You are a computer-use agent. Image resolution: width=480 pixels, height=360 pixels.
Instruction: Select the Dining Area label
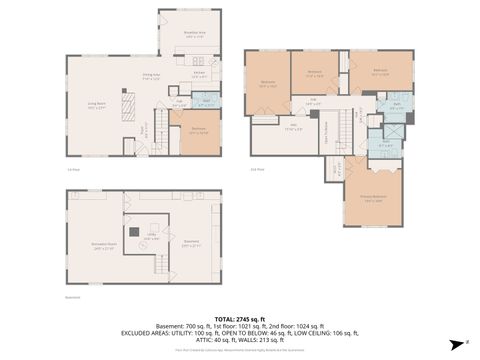[151, 76]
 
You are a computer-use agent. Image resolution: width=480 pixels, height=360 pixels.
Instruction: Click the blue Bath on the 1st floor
[207, 101]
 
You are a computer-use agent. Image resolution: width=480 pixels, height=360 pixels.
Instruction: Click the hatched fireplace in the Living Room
[127, 104]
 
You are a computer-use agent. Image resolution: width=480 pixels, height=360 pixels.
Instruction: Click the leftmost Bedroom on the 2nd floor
[267, 83]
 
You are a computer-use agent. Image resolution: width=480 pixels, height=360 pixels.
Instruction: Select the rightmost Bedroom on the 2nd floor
[380, 71]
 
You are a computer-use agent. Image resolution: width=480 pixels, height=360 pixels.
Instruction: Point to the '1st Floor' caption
[72, 170]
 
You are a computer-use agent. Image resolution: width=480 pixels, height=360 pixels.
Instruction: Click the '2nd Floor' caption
[259, 170]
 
